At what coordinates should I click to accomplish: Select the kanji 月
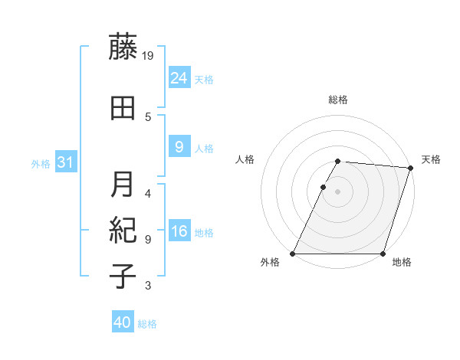123,184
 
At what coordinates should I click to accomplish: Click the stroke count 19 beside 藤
149,54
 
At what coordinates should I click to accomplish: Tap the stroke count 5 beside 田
148,116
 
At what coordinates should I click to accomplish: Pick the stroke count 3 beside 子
148,286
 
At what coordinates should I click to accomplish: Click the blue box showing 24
179,78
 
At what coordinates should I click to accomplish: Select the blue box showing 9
179,147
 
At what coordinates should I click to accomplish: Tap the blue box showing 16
179,231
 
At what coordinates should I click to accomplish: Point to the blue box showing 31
65,162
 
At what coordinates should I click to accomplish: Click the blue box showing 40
123,322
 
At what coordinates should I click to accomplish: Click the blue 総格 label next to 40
147,324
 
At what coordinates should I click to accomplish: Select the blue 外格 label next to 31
41,164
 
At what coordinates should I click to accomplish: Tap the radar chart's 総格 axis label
338,100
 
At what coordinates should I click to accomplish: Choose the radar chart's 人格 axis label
245,159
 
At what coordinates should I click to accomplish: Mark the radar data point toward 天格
411,168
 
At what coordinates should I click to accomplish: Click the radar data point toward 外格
293,254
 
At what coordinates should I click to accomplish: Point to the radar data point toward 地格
383,254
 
